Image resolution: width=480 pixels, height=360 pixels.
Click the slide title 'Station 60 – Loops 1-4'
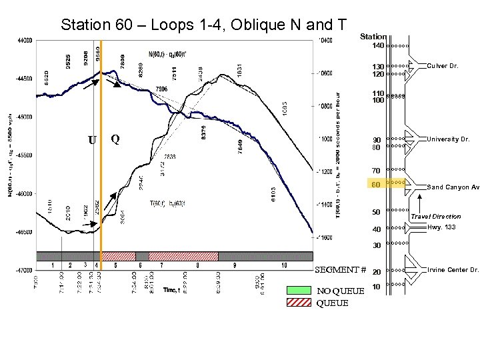(203, 25)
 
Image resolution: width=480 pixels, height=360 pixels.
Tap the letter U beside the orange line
(92, 141)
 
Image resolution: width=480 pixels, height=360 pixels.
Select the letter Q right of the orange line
(115, 139)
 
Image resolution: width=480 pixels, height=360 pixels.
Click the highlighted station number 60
(377, 185)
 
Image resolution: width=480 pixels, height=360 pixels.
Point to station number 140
(378, 46)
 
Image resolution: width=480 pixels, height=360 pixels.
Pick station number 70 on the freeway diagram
(377, 171)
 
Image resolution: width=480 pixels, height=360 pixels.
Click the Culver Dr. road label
(443, 66)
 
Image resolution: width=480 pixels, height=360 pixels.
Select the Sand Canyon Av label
(453, 187)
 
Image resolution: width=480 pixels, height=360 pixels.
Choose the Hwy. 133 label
(441, 227)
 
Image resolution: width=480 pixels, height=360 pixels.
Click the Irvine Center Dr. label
(453, 270)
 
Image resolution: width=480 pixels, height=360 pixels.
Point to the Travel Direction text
(435, 217)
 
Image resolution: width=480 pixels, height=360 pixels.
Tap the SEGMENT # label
(340, 270)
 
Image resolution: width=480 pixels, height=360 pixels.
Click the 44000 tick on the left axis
(24, 40)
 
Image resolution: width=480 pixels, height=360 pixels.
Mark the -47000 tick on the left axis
(24, 271)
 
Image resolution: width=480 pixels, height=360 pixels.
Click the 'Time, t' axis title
(172, 291)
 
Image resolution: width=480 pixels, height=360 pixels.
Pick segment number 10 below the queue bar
(285, 265)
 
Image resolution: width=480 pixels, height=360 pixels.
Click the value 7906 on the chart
(161, 88)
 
